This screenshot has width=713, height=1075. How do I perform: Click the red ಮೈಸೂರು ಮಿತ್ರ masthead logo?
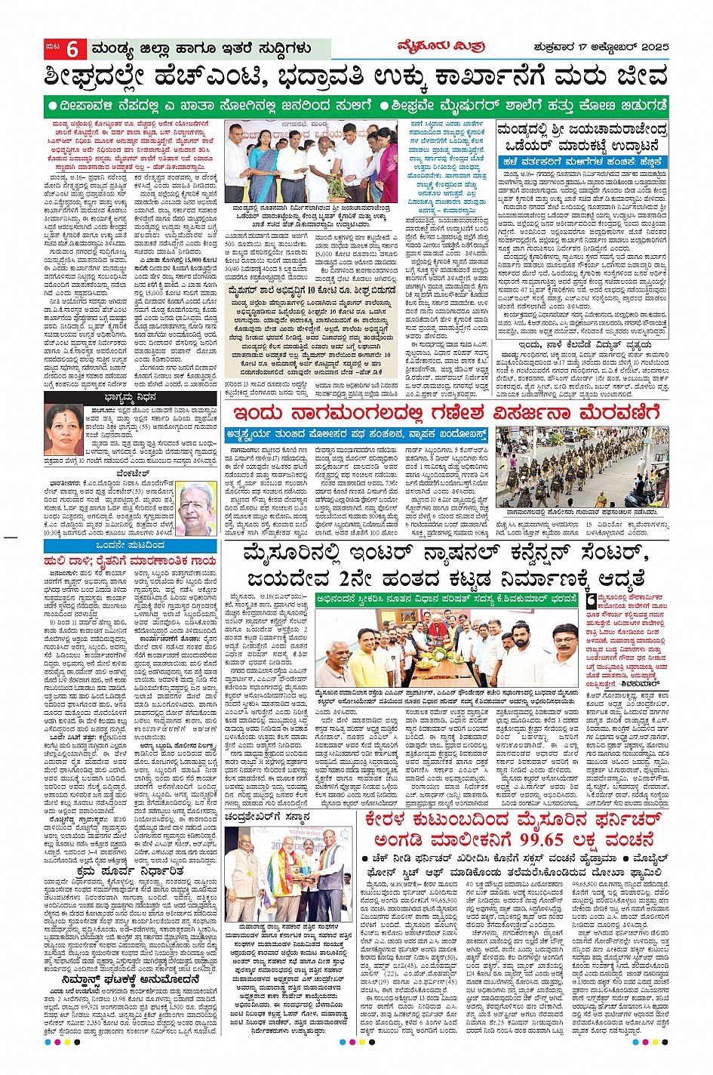(441, 47)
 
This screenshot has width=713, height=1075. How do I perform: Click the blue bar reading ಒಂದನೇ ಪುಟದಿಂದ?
(131, 545)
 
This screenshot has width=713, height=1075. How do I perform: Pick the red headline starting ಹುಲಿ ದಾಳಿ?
(131, 562)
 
